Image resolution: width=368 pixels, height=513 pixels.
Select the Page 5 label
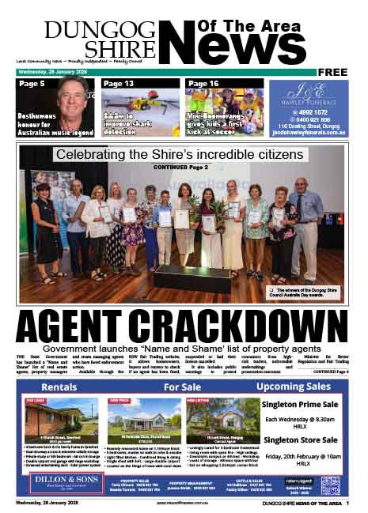(32, 84)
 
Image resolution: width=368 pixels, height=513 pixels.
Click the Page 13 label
(119, 84)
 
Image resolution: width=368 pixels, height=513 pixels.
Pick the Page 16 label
(203, 84)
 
